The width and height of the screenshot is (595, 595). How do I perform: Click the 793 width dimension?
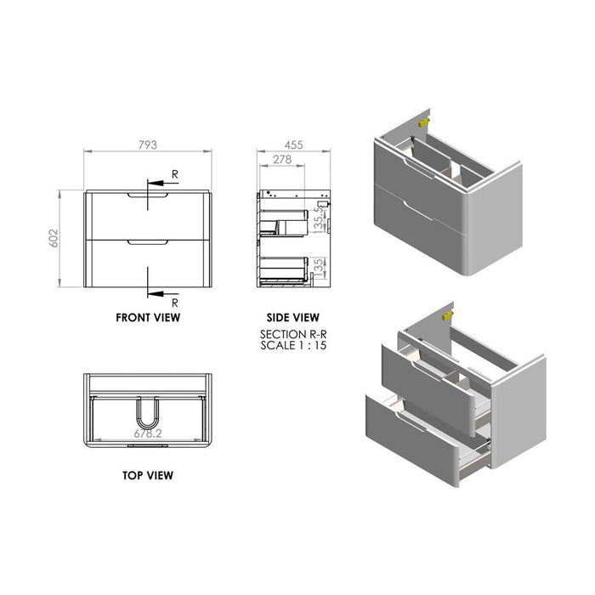click(148, 146)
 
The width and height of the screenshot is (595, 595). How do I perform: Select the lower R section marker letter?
click(175, 302)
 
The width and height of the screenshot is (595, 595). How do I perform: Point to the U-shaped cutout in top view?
click(148, 416)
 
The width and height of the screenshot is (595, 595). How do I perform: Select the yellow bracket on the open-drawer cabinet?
click(449, 314)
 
